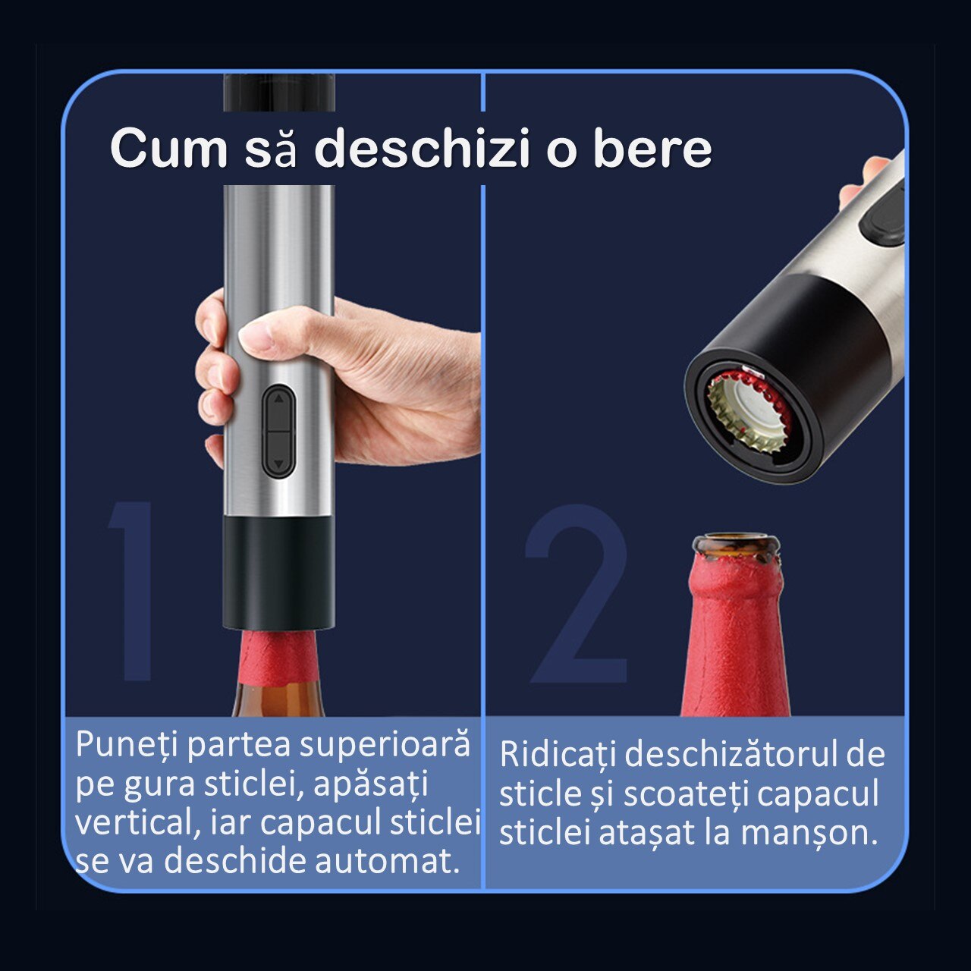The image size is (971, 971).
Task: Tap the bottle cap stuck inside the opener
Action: click(747, 410)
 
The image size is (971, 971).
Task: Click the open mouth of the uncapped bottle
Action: click(736, 544)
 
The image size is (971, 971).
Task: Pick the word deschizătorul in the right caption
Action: click(731, 754)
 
